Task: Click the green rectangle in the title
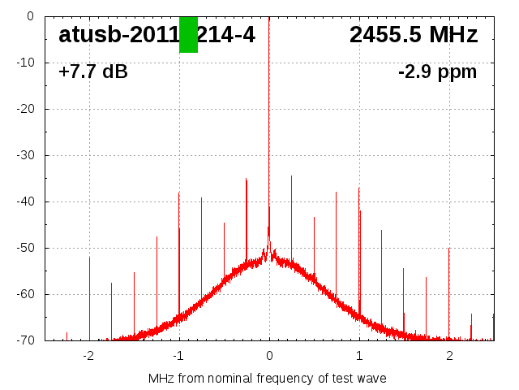click(188, 34)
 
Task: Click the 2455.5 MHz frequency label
click(414, 35)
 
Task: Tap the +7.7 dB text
click(93, 72)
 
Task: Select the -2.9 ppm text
click(437, 72)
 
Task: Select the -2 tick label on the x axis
click(88, 355)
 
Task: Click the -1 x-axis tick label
click(178, 355)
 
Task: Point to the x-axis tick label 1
click(359, 355)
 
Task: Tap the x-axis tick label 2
click(449, 355)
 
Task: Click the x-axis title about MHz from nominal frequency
click(268, 379)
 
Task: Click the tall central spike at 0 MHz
click(269, 122)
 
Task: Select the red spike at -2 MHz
click(90, 297)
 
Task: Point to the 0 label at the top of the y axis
click(29, 16)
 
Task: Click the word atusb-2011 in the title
click(118, 35)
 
